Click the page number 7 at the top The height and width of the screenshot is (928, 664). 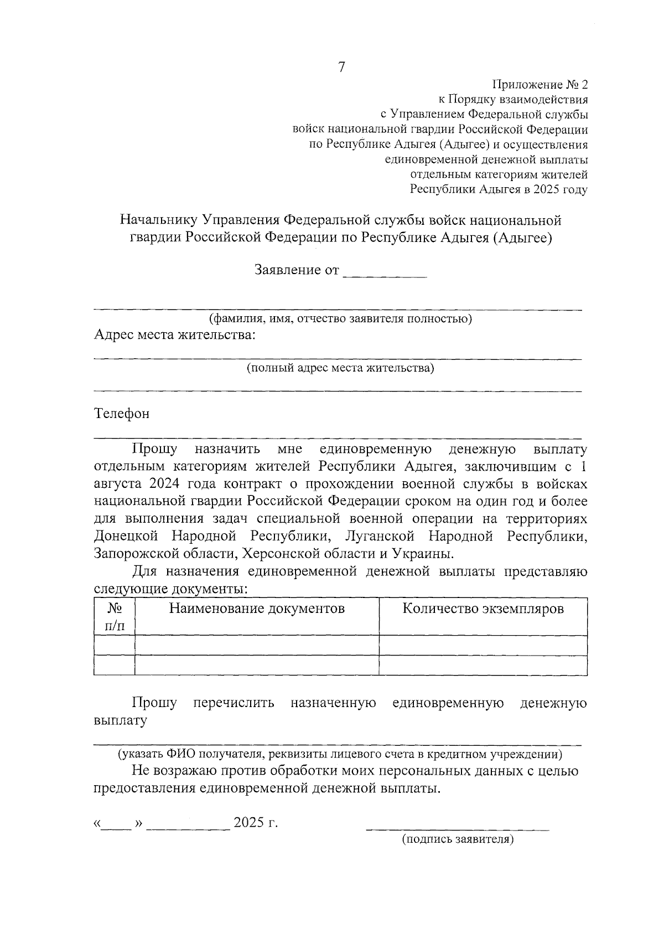[341, 68]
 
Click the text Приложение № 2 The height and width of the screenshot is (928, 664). [539, 85]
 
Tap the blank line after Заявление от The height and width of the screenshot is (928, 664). [385, 272]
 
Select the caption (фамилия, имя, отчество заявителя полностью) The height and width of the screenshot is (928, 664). [340, 319]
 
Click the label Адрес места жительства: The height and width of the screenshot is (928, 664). [175, 335]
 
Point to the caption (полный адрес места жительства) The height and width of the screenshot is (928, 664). [340, 368]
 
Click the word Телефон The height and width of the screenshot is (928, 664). [122, 414]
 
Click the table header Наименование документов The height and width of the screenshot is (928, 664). [257, 609]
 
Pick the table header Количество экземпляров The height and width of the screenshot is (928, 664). [483, 609]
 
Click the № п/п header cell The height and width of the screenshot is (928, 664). [115, 617]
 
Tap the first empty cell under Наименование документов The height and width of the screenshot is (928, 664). [257, 645]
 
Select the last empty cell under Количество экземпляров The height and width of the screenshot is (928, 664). [483, 665]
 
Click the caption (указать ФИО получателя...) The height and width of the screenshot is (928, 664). [340, 754]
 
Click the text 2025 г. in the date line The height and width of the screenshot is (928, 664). [256, 822]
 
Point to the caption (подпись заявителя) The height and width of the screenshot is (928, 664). [458, 839]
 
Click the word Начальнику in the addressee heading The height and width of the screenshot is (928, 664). [160, 220]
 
